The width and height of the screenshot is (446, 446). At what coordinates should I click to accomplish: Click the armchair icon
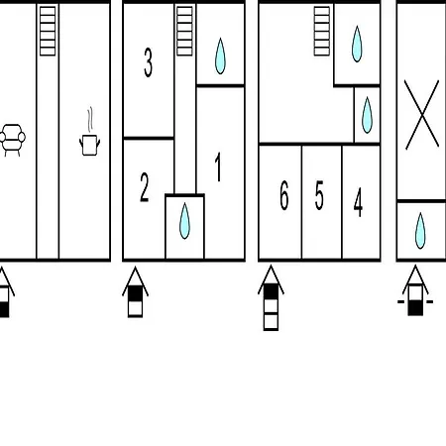(x=12, y=140)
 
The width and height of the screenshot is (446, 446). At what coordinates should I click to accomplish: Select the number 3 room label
(x=149, y=62)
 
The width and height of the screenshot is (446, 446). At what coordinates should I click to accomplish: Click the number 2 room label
(x=145, y=187)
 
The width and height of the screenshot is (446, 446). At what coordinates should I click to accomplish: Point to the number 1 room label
(x=218, y=167)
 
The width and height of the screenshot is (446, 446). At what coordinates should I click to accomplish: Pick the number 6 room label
(x=284, y=195)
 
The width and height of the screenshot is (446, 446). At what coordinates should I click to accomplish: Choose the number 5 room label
(x=319, y=195)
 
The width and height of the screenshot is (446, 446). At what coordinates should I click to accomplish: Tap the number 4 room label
(x=358, y=202)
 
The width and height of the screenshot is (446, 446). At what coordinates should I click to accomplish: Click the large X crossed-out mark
(x=421, y=114)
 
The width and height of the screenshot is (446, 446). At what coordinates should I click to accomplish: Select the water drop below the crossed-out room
(x=420, y=230)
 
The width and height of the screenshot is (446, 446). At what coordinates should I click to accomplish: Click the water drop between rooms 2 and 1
(x=184, y=221)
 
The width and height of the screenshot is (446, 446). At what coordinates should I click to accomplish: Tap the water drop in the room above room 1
(x=220, y=56)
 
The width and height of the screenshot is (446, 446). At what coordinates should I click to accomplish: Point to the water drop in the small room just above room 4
(x=367, y=115)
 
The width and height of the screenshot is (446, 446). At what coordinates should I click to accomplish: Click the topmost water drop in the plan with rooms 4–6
(x=357, y=44)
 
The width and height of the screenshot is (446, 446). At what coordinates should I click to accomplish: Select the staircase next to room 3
(x=184, y=31)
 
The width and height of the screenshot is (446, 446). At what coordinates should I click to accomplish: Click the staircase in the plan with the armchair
(x=48, y=31)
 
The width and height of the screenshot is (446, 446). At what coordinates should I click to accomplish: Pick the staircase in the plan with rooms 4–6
(x=322, y=31)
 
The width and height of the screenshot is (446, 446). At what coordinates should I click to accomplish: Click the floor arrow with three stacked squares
(x=271, y=297)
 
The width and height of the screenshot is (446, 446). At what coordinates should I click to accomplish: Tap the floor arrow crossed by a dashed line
(x=415, y=290)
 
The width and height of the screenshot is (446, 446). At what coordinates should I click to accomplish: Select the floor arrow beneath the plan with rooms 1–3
(x=135, y=291)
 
